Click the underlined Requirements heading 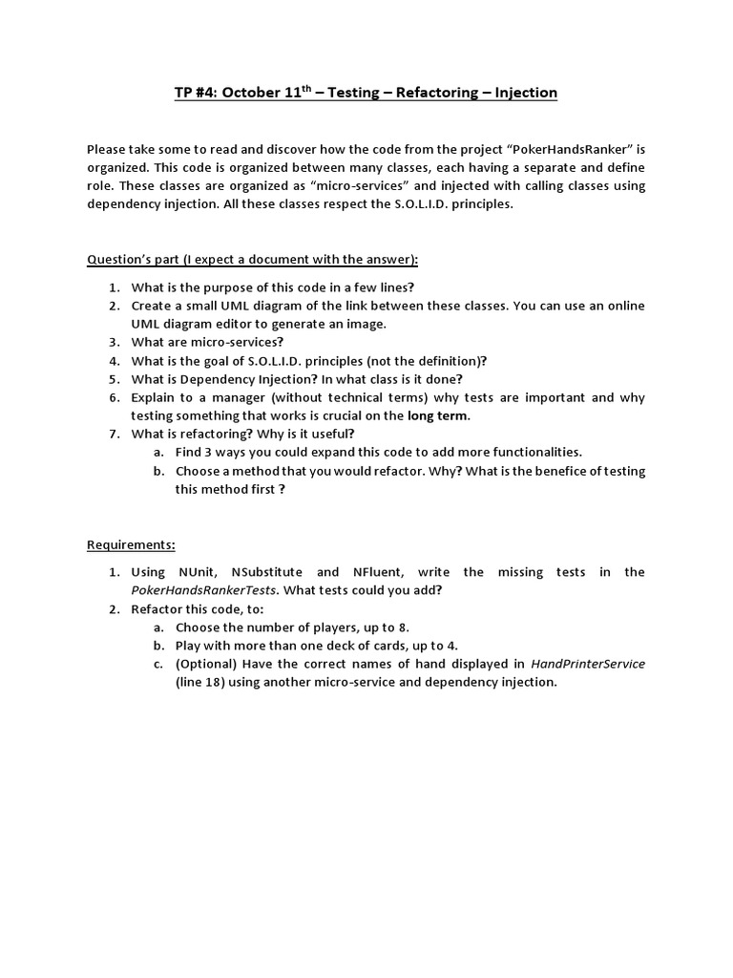131,544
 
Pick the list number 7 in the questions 113,434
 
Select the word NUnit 198,572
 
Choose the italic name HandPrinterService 587,664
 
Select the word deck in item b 332,646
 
